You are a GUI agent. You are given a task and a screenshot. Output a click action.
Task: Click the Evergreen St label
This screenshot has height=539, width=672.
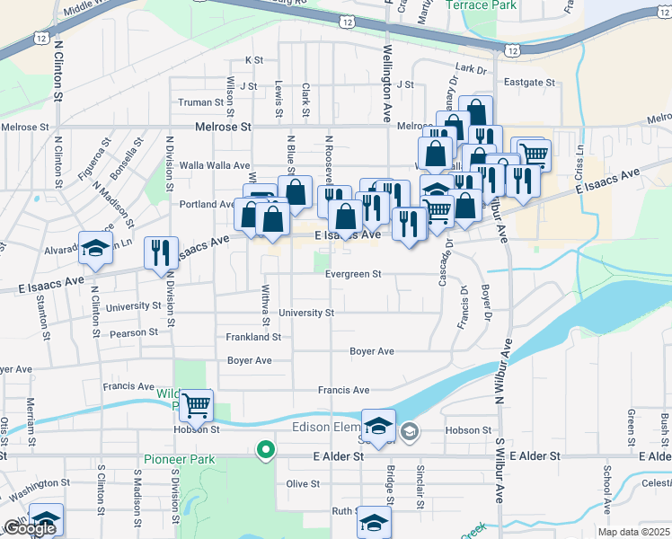tap(353, 274)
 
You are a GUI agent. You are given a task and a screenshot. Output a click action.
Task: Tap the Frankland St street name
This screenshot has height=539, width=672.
tap(253, 337)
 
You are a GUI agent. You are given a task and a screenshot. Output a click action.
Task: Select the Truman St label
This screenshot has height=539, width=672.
tap(194, 102)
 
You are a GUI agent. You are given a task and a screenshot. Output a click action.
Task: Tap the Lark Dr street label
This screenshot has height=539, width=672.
tap(470, 69)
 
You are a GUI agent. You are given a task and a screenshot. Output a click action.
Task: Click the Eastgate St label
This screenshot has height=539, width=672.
tap(529, 82)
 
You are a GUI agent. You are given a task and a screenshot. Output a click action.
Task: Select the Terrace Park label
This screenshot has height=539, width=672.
tap(482, 5)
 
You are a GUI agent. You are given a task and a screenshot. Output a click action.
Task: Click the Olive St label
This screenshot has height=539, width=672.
tap(303, 483)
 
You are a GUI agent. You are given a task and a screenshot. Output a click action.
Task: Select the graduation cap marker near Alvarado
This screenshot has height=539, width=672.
tap(94, 247)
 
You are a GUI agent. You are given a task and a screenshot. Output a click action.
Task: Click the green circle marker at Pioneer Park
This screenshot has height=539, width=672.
tap(264, 449)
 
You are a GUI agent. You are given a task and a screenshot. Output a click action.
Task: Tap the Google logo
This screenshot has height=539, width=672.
tap(29, 528)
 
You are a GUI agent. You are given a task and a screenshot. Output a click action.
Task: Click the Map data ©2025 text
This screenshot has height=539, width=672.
tap(634, 532)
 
